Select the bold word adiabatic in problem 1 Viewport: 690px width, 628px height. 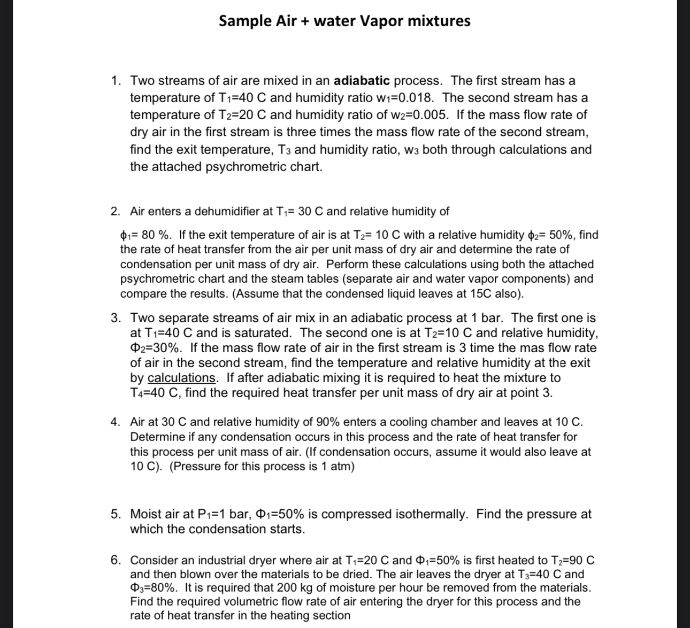click(x=362, y=81)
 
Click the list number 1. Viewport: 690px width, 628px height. click(x=116, y=81)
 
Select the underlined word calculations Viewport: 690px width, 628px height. click(x=181, y=378)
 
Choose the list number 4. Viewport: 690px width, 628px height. click(x=116, y=422)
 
